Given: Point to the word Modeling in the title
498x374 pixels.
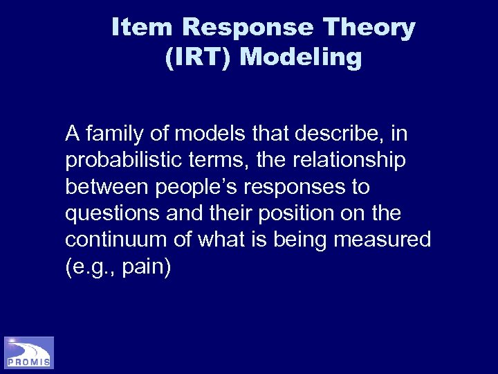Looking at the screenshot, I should click(x=301, y=57).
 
